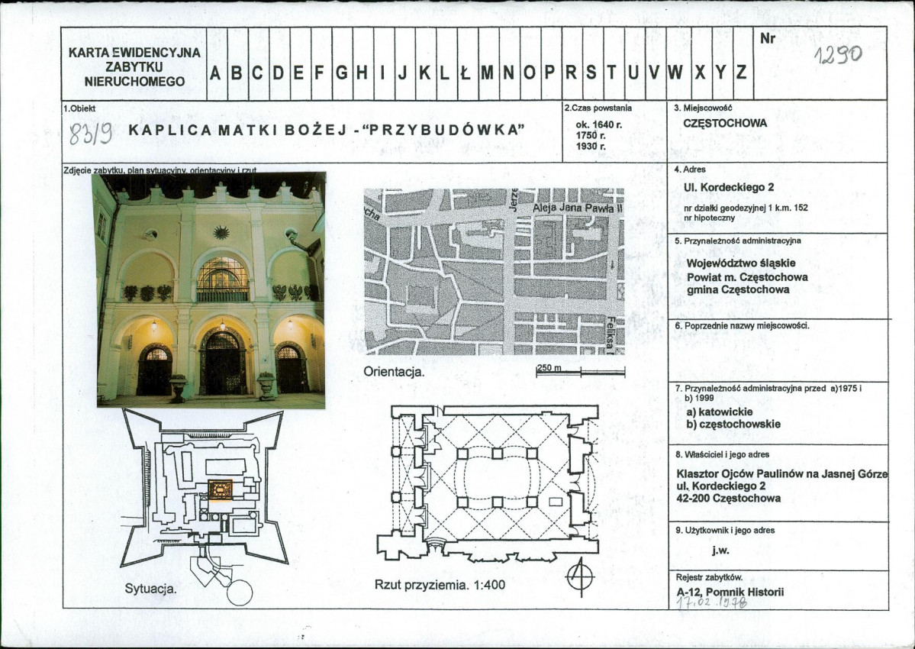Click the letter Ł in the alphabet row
pyautogui.click(x=466, y=73)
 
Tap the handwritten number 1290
pyautogui.click(x=836, y=54)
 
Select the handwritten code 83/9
pyautogui.click(x=91, y=134)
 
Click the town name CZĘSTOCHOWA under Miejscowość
pyautogui.click(x=725, y=123)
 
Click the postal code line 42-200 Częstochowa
pyautogui.click(x=729, y=499)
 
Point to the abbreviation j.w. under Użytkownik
pyautogui.click(x=718, y=548)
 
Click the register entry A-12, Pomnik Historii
pyautogui.click(x=730, y=592)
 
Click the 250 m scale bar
pyautogui.click(x=581, y=371)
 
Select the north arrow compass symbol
pyautogui.click(x=580, y=576)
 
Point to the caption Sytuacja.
pyautogui.click(x=151, y=589)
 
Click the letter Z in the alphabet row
pyautogui.click(x=741, y=73)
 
